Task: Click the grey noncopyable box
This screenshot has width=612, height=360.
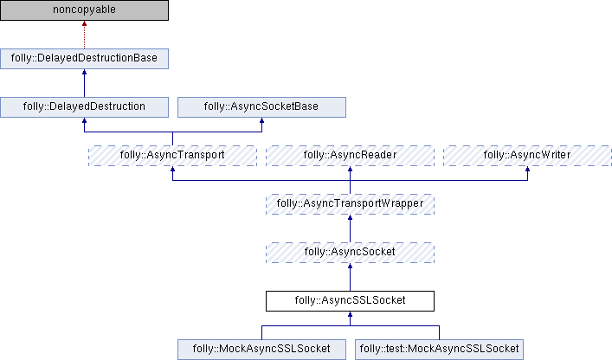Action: click(x=84, y=10)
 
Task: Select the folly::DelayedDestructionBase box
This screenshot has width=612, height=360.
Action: click(x=84, y=59)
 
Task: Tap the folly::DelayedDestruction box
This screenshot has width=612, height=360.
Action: click(x=84, y=107)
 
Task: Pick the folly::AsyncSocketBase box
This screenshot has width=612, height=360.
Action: click(x=261, y=107)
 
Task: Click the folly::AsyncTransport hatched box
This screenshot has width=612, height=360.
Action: click(x=173, y=156)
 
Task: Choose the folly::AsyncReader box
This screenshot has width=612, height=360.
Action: click(x=350, y=156)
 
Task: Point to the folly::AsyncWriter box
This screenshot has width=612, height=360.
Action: click(x=527, y=156)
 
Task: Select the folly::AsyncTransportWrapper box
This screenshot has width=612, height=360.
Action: click(x=350, y=204)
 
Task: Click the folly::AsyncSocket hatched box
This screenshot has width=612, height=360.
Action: click(x=350, y=253)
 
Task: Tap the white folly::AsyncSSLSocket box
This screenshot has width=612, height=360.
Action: click(x=350, y=301)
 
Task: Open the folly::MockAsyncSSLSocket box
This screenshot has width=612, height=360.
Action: click(x=261, y=350)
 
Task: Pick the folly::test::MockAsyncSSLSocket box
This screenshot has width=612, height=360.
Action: click(x=439, y=350)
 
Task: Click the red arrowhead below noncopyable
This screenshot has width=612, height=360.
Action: click(x=84, y=26)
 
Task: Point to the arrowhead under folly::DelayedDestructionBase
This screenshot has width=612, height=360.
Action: click(x=84, y=74)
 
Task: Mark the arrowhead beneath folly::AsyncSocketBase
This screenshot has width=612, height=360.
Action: click(x=261, y=123)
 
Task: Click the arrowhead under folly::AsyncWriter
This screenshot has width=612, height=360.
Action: click(x=527, y=171)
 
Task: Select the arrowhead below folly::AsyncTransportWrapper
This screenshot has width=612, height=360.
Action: click(x=350, y=220)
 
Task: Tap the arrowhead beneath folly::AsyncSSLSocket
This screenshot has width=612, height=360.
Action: click(x=350, y=317)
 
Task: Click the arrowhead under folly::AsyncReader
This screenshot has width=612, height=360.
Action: click(x=350, y=171)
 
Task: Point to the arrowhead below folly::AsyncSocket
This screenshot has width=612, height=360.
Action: click(x=350, y=268)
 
